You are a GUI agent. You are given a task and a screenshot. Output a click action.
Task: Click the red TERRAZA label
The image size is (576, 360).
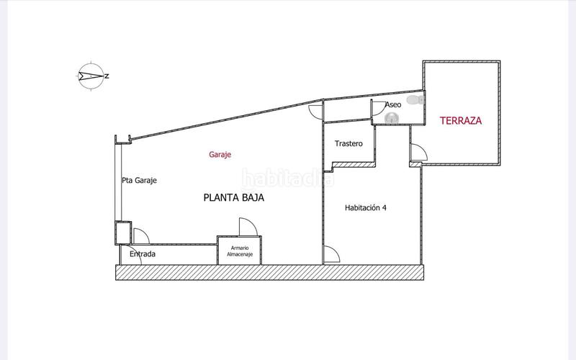(460, 120)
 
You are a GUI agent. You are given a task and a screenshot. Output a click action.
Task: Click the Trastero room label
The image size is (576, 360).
(348, 144)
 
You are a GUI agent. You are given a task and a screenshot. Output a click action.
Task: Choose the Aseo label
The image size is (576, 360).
(392, 105)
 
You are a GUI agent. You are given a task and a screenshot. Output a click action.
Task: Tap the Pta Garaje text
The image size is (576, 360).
(139, 180)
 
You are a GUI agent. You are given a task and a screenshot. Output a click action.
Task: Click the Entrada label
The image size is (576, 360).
(143, 254)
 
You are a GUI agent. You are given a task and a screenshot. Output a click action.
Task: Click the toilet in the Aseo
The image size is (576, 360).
(413, 102)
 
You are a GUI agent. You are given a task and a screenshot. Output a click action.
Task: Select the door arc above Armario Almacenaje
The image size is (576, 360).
(247, 228)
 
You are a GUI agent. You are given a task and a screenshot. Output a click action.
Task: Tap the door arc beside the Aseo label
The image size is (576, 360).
(377, 108)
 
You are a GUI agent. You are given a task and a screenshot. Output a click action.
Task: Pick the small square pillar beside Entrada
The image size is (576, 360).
(122, 233)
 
